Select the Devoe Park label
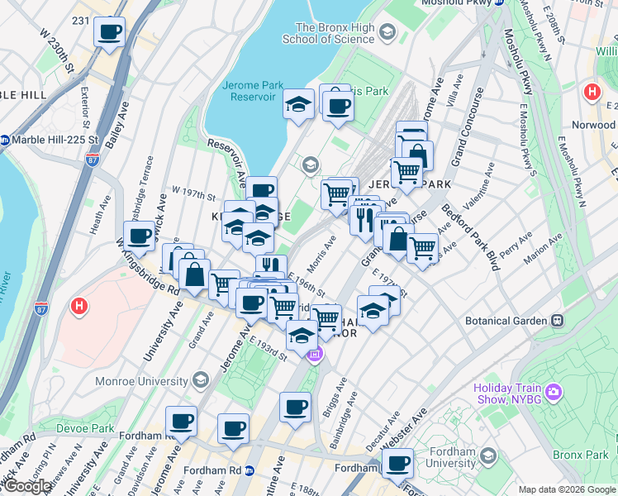tap(85, 428)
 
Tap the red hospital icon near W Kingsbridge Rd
tap(78, 307)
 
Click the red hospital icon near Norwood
tap(591, 91)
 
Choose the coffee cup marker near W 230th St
tap(109, 33)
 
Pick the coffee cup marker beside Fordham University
tap(398, 464)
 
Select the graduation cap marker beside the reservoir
tap(298, 104)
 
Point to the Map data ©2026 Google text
tap(567, 489)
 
